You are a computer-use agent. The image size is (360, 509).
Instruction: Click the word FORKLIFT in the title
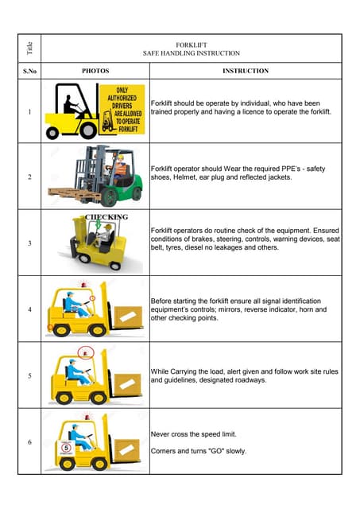click(191, 45)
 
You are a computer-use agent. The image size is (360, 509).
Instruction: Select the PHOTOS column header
click(95, 72)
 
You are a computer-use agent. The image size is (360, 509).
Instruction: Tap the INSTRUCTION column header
click(246, 72)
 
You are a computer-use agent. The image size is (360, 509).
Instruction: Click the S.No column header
click(29, 72)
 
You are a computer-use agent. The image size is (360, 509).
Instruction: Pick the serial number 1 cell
click(29, 111)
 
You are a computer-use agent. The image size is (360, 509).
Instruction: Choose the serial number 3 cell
click(29, 243)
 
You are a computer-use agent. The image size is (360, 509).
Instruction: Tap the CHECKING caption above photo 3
click(106, 216)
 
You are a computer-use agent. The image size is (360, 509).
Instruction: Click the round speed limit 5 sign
click(67, 448)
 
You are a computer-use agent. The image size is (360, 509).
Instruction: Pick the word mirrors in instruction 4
click(240, 310)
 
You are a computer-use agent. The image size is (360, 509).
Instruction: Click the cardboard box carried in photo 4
click(126, 317)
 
